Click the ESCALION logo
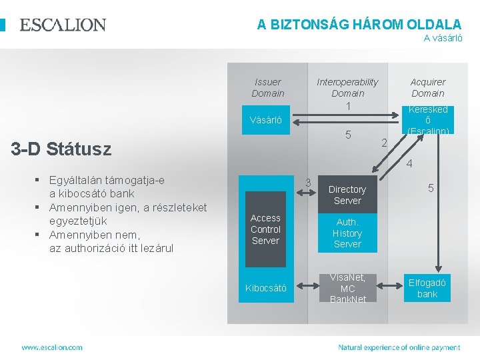tap(63, 25)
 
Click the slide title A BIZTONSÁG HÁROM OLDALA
tap(359, 24)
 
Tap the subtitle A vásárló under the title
tap(443, 38)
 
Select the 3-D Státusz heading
tap(61, 149)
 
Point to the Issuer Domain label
tap(268, 87)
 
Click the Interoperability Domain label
tap(347, 87)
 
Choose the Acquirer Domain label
tap(427, 87)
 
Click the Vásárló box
tap(265, 121)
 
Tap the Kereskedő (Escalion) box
tap(427, 120)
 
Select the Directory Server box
tap(347, 195)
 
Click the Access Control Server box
tap(265, 229)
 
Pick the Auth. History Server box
tap(347, 233)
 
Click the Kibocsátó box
tap(265, 288)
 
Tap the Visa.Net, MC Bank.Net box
tap(347, 288)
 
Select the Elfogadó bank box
tap(427, 288)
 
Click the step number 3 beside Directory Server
tap(307, 182)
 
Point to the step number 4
tap(409, 164)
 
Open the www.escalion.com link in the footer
tap(52, 347)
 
